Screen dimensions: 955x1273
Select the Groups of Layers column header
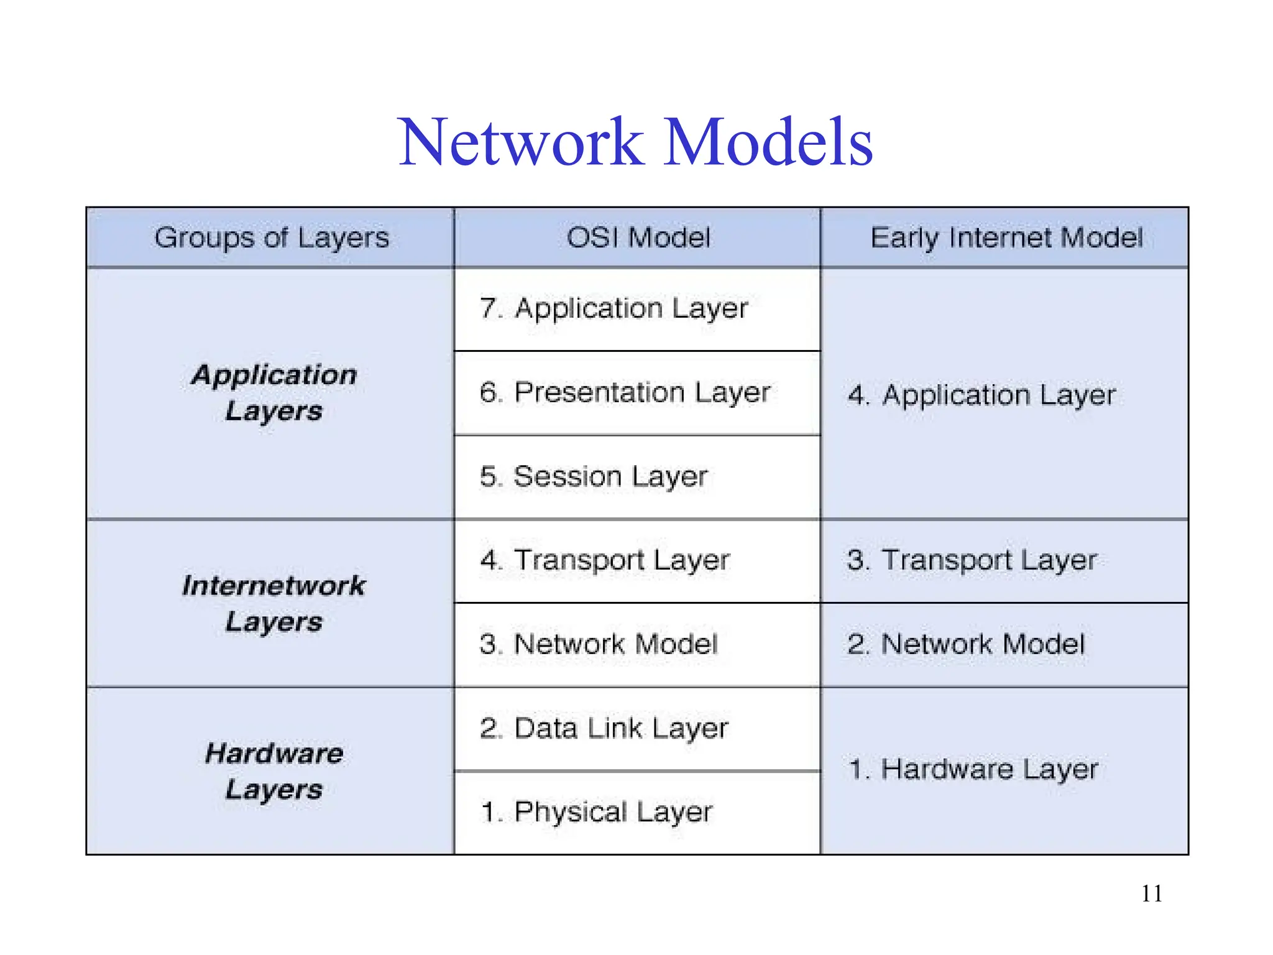[272, 238]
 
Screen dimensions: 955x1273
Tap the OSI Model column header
[638, 238]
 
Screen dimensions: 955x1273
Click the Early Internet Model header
[1006, 238]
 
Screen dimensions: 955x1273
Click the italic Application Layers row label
[273, 393]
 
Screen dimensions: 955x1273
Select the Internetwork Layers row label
[273, 603]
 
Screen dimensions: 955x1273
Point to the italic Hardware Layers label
[273, 771]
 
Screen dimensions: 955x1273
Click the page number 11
[1151, 893]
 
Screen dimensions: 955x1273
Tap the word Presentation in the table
[599, 393]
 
